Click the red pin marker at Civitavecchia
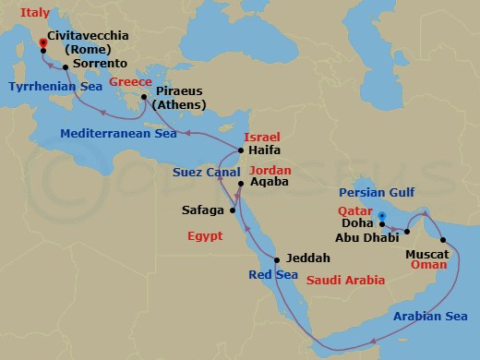42,43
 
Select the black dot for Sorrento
66,66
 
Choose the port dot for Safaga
234,210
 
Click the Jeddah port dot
276,258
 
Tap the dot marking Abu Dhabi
407,232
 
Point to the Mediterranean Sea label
119,133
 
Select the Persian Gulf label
378,193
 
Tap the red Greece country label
131,80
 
